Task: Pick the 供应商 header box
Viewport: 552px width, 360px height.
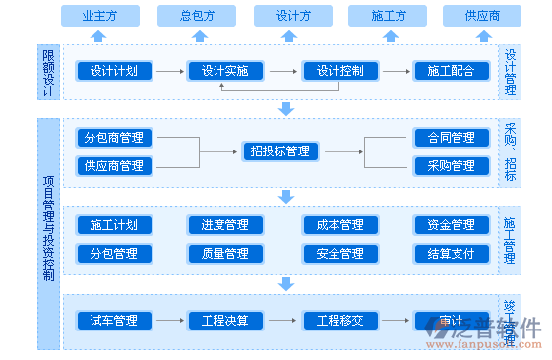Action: pos(481,16)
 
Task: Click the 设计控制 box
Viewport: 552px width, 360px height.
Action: pos(339,71)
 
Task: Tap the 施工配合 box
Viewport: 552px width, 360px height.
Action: pos(451,71)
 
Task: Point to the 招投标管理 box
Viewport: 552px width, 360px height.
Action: pos(279,151)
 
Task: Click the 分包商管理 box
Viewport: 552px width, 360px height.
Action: pos(114,138)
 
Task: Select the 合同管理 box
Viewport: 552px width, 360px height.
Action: pos(451,138)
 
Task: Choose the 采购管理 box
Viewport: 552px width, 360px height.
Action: pos(451,166)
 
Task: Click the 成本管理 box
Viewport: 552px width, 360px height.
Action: pos(339,225)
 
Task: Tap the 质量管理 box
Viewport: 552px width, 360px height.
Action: pos(223,254)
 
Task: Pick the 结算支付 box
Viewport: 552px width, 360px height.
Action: pos(451,254)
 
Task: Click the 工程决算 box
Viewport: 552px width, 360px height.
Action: pos(223,321)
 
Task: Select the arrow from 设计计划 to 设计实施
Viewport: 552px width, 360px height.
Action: pos(172,71)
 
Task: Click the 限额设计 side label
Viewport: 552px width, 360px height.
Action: pos(48,72)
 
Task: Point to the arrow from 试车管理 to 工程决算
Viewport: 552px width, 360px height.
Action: pos(172,321)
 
